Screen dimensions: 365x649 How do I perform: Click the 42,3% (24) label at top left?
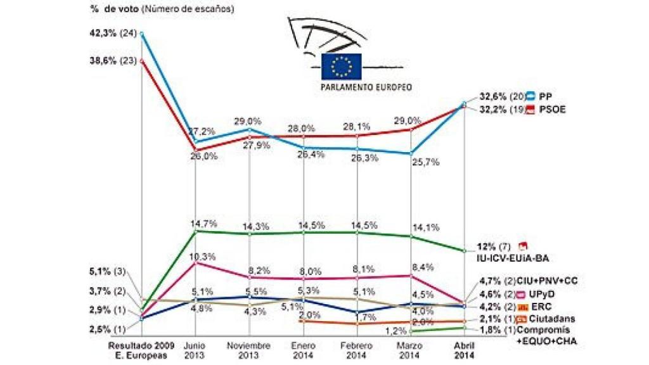click(x=113, y=34)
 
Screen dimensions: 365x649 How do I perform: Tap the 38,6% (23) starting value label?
click(x=113, y=61)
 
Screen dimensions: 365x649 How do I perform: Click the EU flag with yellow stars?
click(x=341, y=66)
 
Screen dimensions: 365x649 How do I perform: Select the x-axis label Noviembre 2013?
click(x=249, y=350)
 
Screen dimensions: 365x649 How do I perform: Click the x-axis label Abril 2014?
click(x=466, y=350)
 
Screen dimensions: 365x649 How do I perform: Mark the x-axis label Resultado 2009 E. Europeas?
click(x=141, y=350)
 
